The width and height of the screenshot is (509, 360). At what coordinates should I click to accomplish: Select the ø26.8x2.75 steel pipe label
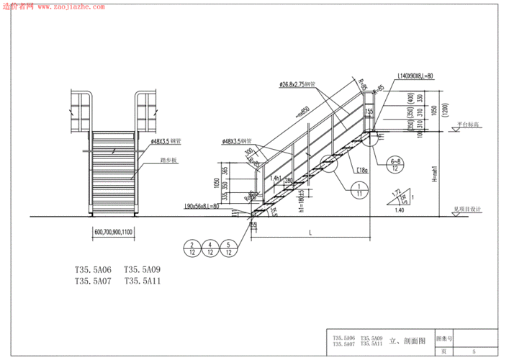coord(299,84)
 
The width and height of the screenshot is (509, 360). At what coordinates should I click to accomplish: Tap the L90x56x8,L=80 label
coord(202,206)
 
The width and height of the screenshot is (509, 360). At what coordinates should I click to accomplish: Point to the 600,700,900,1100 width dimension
coord(114,232)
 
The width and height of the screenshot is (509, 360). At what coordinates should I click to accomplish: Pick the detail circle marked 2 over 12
coord(192,248)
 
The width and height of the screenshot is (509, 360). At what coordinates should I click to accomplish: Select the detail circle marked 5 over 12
coord(228,248)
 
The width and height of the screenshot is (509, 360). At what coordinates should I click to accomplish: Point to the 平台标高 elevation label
coord(468,125)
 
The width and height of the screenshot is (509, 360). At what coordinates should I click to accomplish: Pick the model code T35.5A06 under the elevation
coord(93,271)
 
